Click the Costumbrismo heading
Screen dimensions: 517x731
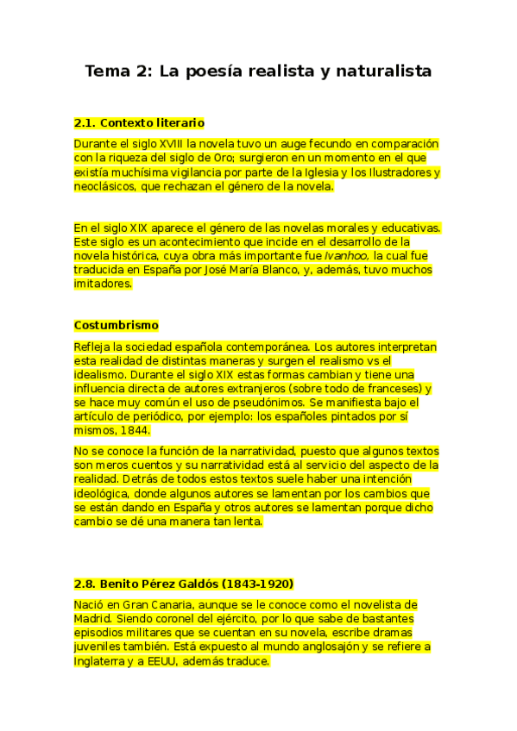pyautogui.click(x=117, y=325)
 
